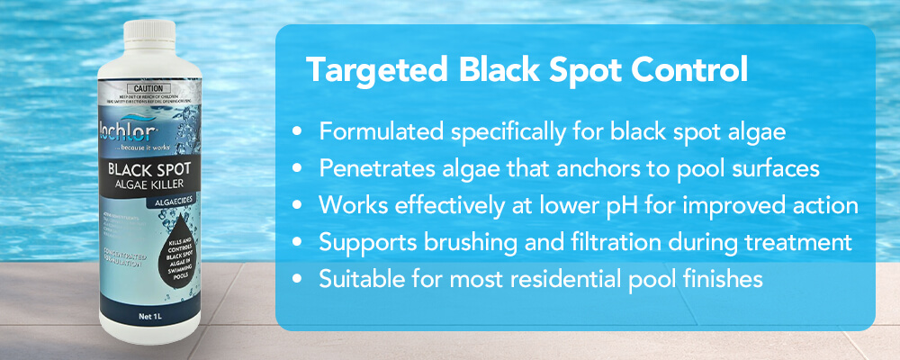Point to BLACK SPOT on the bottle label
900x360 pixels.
pos(148,168)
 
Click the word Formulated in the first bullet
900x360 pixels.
pos(371,132)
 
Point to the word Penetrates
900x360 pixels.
pos(369,169)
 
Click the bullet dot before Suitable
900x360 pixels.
pos(298,280)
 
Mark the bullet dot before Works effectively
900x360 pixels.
pos(298,206)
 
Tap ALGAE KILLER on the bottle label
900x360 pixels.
pos(148,185)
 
